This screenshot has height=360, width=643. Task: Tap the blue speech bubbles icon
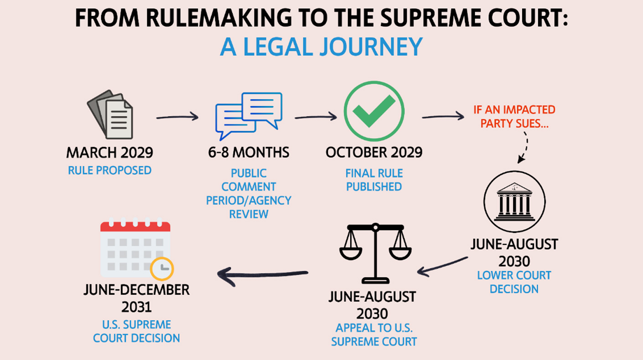click(249, 115)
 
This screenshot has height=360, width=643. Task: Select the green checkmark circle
click(373, 112)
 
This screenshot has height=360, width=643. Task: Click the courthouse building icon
click(514, 201)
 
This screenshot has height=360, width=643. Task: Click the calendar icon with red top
click(135, 249)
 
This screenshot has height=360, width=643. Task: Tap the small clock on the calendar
click(162, 268)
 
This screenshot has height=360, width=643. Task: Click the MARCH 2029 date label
click(109, 152)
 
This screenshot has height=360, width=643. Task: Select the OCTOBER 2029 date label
click(373, 152)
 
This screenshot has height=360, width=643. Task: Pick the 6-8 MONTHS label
click(249, 152)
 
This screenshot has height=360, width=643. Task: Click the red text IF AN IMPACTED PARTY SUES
click(514, 116)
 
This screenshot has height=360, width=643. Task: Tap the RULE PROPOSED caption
click(109, 170)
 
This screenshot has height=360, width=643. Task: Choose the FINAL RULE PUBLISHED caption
click(373, 180)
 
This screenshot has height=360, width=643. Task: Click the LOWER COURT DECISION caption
click(514, 282)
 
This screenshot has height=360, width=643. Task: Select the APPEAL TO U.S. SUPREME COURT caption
click(373, 334)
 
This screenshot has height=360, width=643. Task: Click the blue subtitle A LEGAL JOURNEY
click(321, 46)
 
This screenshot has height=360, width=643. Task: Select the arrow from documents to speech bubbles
click(177, 117)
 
